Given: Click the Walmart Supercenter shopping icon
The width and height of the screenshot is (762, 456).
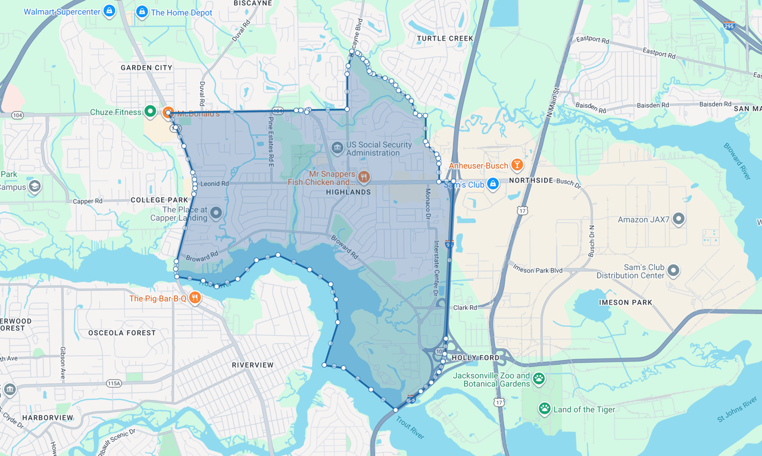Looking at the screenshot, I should click(x=109, y=11).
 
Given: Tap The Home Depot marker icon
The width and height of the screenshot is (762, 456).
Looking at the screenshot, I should click(x=142, y=11).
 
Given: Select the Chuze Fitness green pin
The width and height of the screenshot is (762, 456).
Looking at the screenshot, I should click(x=151, y=111).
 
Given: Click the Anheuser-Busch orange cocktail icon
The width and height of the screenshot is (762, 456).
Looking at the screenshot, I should click(x=517, y=165).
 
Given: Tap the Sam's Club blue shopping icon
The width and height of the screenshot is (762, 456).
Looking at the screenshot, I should click(x=492, y=184).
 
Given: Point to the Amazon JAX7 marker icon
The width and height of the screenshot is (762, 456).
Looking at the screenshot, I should click(x=678, y=219).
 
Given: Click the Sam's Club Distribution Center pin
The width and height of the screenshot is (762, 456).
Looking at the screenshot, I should click(x=673, y=271).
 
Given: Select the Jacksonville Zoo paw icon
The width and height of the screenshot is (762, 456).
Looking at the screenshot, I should click(x=539, y=379).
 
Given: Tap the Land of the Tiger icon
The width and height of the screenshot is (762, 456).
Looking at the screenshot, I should click(x=544, y=408).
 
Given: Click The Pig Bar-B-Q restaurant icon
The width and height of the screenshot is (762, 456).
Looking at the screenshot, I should click(x=195, y=297).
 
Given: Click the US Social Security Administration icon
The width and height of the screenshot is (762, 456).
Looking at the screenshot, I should click(x=337, y=147).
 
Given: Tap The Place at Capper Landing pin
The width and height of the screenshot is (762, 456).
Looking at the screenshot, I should click(x=216, y=212).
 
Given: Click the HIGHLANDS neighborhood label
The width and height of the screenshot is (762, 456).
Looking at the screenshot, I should click(x=348, y=192).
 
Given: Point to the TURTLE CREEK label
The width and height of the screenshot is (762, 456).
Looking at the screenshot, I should click(x=445, y=38).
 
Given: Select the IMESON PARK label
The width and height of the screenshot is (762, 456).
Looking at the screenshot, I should click(x=625, y=302).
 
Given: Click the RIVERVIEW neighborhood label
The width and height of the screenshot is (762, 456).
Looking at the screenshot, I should click(x=252, y=365).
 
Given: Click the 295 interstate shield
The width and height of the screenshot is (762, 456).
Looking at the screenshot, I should click(x=729, y=26).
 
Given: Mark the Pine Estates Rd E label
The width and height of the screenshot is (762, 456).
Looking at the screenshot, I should click(x=270, y=141).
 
